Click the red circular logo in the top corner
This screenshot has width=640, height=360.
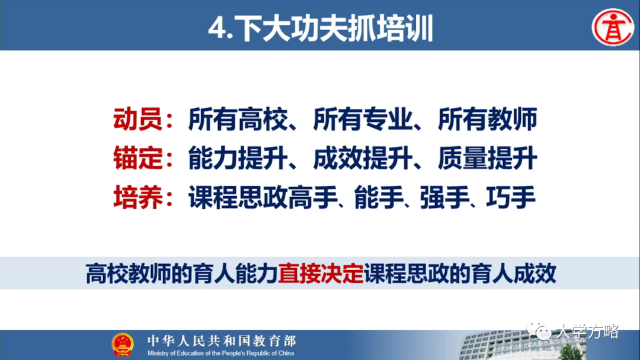(613, 27)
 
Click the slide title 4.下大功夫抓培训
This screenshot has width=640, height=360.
(321, 28)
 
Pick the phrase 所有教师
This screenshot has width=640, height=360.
(487, 120)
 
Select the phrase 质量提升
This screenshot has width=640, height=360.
(487, 159)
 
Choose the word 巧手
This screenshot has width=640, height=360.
(510, 198)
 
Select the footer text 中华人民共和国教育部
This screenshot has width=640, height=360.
(221, 340)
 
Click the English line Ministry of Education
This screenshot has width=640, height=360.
(221, 353)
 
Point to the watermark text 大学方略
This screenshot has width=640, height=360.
(587, 332)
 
